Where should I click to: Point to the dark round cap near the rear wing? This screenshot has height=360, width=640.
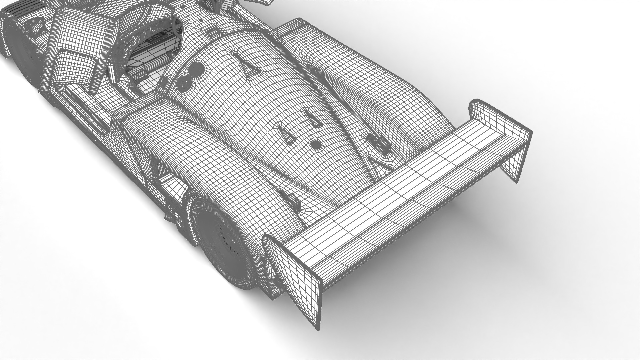click(x=316, y=144)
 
